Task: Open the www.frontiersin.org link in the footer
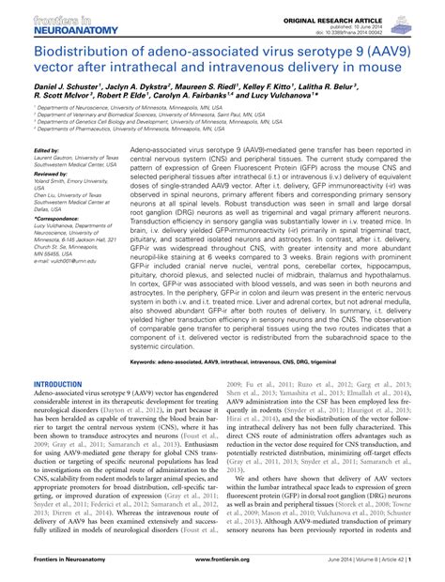tap(222, 572)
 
